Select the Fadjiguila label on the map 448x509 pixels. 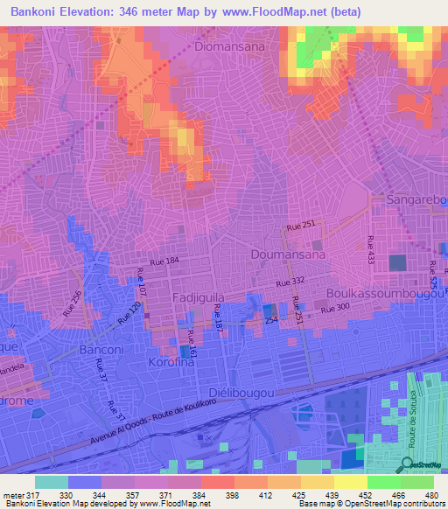pyautogui.click(x=197, y=297)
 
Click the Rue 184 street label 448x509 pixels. pyautogui.click(x=164, y=261)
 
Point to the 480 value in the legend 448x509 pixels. pyautogui.click(x=430, y=495)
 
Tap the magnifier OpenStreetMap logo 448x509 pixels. pyautogui.click(x=408, y=465)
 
